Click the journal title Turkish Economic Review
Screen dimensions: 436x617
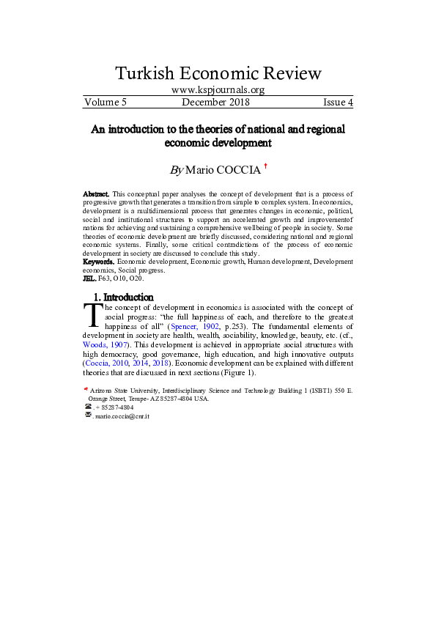pyautogui.click(x=218, y=73)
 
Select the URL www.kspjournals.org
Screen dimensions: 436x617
pyautogui.click(x=218, y=90)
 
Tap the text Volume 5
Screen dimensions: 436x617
pyautogui.click(x=106, y=103)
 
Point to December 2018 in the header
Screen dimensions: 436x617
pyautogui.click(x=215, y=103)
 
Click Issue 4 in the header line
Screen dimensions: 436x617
pyautogui.click(x=338, y=103)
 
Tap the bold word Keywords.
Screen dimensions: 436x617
pyautogui.click(x=98, y=261)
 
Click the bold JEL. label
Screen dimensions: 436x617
pyautogui.click(x=89, y=278)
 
